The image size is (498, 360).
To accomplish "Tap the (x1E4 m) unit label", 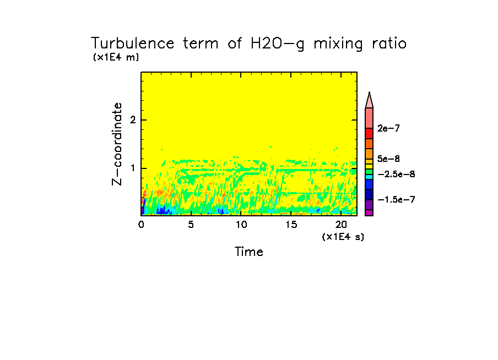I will (116, 57).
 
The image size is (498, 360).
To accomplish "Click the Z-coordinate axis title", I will (117, 144).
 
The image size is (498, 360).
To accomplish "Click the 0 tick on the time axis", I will (141, 225).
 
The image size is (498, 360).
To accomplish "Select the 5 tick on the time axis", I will (191, 225).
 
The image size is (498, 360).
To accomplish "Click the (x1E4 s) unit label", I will (343, 237).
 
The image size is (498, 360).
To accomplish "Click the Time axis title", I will (249, 252).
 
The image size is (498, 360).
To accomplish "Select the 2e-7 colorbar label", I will (389, 128).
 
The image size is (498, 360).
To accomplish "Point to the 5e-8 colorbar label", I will (389, 159).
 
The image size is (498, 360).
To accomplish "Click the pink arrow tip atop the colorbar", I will (369, 100).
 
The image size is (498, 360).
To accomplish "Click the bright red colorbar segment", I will (369, 133).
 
